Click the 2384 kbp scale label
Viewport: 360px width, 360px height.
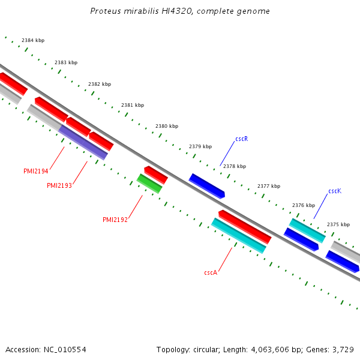[33, 41]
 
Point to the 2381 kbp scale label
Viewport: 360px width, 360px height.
[133, 105]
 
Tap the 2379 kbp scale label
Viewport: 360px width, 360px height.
[200, 146]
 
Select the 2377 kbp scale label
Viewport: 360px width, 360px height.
[269, 186]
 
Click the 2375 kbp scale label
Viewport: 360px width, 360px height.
[338, 224]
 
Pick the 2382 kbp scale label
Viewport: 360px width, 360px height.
[100, 84]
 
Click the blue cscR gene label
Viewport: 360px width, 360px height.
[241, 139]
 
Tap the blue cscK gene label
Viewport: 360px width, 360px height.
[335, 191]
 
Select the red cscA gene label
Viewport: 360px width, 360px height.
[211, 272]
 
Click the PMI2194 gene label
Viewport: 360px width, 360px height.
[36, 172]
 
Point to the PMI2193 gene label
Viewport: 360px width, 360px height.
[59, 186]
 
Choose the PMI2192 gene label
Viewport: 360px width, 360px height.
[115, 220]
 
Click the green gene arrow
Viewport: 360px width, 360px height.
[149, 184]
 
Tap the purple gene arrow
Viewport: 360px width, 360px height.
[83, 143]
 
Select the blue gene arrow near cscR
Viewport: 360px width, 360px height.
[206, 186]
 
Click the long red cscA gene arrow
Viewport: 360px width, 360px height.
[244, 227]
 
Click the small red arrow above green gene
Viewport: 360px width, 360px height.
[155, 175]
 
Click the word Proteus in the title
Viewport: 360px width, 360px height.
[106, 11]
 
